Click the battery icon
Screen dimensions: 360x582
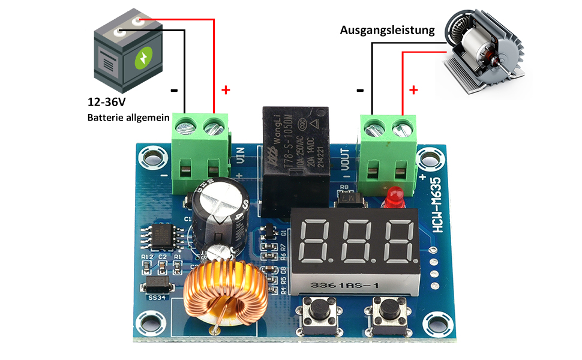[127, 53]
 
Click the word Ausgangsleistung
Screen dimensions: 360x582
[387, 30]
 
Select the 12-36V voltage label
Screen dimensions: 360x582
[110, 103]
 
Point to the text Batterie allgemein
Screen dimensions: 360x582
[128, 118]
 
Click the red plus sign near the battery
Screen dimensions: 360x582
[226, 90]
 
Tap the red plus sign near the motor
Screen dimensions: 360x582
[413, 91]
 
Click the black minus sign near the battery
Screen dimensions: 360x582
[174, 91]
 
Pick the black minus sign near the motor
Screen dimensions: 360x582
[360, 91]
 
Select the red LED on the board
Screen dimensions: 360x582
[394, 195]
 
